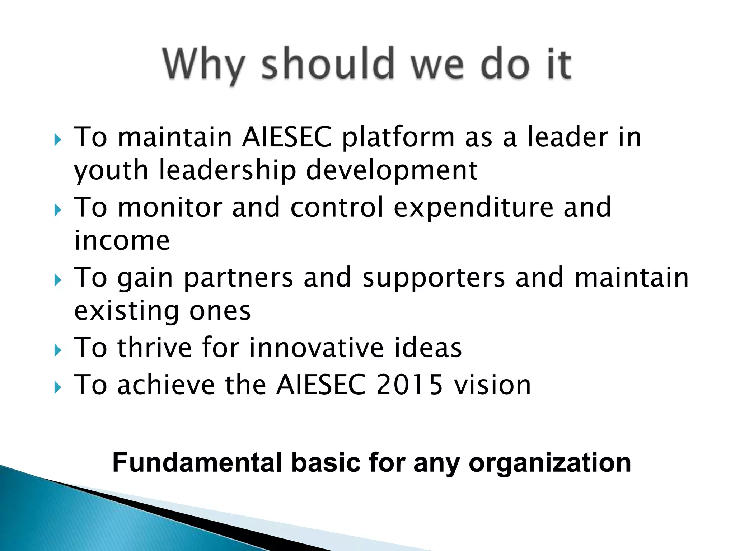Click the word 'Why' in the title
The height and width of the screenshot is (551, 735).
(203, 65)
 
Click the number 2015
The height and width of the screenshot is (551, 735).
(409, 385)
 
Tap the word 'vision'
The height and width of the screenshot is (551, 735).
(492, 385)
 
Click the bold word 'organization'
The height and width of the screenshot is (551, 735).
(550, 463)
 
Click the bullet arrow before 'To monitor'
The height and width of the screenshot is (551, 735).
(58, 210)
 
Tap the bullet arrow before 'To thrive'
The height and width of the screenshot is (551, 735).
(58, 350)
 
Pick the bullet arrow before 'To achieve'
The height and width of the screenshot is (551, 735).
(58, 387)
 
